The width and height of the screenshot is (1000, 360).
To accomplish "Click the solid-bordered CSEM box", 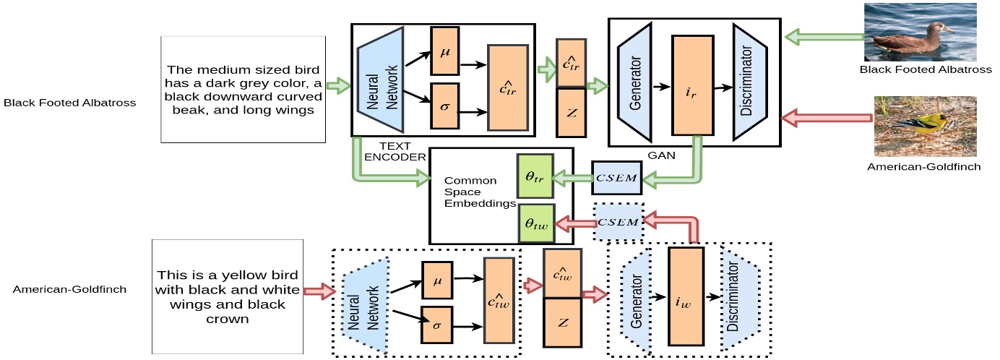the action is (617, 178).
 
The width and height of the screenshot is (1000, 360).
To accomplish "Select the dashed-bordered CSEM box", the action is (618, 221).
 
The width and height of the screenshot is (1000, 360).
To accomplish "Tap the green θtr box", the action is (535, 176).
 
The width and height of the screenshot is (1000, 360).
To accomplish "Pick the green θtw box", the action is (536, 223).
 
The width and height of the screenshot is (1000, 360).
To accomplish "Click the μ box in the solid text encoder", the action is (444, 51).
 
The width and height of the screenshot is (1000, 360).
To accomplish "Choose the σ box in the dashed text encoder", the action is (437, 325).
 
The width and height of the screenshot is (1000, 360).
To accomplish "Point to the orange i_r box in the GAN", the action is (692, 85).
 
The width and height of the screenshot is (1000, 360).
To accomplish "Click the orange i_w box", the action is (686, 296).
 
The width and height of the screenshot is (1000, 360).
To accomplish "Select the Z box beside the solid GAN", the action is (571, 113).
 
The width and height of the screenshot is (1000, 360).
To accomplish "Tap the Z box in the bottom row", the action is (562, 322).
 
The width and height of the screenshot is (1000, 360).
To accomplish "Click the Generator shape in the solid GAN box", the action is (634, 83).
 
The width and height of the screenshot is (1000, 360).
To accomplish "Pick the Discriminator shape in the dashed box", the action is (740, 296).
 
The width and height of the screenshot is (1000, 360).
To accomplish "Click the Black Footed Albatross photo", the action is (920, 32).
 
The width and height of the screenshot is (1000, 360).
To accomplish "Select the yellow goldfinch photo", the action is (925, 127).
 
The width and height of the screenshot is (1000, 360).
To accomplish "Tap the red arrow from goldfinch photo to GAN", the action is (827, 118).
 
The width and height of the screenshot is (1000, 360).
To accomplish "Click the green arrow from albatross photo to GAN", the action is (824, 37).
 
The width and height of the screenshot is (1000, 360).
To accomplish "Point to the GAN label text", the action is (661, 155).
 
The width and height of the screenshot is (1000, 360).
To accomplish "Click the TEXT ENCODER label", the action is (395, 151).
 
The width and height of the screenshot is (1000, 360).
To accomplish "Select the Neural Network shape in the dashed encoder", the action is (365, 306).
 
